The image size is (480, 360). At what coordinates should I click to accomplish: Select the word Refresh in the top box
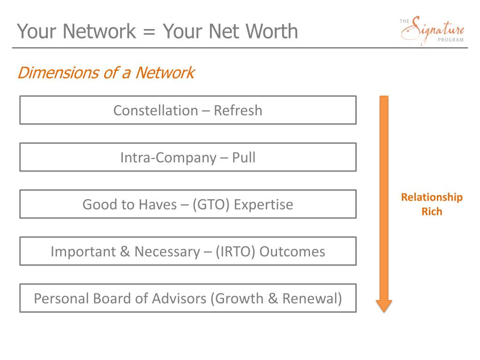[x=238, y=111]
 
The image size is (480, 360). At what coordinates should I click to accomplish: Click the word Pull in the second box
[x=244, y=157]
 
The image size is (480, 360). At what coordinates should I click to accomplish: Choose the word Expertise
[x=263, y=205]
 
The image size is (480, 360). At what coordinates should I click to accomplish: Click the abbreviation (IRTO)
[x=236, y=252]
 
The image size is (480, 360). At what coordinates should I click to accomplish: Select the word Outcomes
[x=292, y=252]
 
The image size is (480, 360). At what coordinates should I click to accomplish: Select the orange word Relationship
[x=431, y=197]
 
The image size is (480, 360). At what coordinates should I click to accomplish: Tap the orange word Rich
[x=431, y=212]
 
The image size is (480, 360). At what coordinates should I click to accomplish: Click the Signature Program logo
[x=432, y=31]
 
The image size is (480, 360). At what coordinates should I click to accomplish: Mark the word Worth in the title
[x=274, y=31]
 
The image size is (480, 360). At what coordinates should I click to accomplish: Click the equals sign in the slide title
[x=149, y=32]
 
